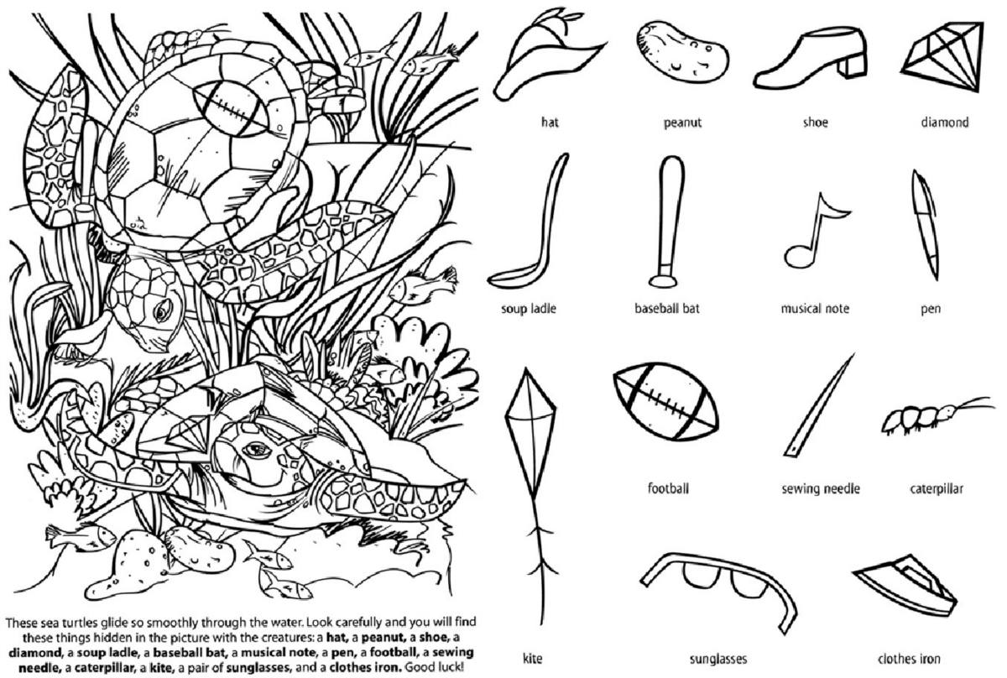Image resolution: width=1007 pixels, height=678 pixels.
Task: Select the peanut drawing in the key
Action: pyautogui.click(x=680, y=50)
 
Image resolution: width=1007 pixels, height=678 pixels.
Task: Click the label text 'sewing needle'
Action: pyautogui.click(x=820, y=488)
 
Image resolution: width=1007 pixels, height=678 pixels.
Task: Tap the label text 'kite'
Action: pyautogui.click(x=532, y=659)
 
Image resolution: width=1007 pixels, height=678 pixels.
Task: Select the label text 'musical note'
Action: pyautogui.click(x=814, y=309)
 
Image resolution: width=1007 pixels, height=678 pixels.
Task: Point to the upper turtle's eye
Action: pyautogui.click(x=160, y=311)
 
